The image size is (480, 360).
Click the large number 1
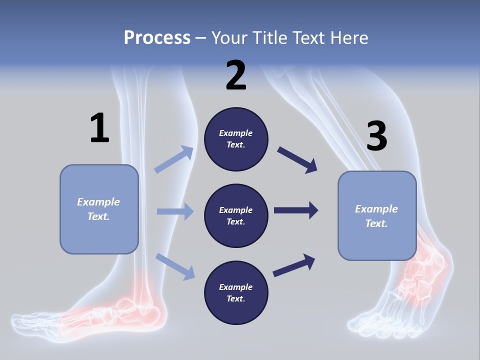point(99,128)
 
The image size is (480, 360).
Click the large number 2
point(236,76)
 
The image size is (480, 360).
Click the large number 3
point(376,136)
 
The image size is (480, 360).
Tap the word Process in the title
point(157,37)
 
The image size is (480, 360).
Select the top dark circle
point(236,139)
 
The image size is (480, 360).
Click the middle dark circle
point(236,215)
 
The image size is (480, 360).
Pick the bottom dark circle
point(236,292)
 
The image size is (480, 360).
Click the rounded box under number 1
point(99,209)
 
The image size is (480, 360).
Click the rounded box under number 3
point(377,216)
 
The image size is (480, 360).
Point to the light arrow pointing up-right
point(174,159)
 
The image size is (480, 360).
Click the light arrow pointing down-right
point(175,266)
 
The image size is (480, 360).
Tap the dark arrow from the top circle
point(297,159)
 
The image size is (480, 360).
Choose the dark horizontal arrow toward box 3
point(295,210)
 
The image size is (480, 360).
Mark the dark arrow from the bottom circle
point(294,265)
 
